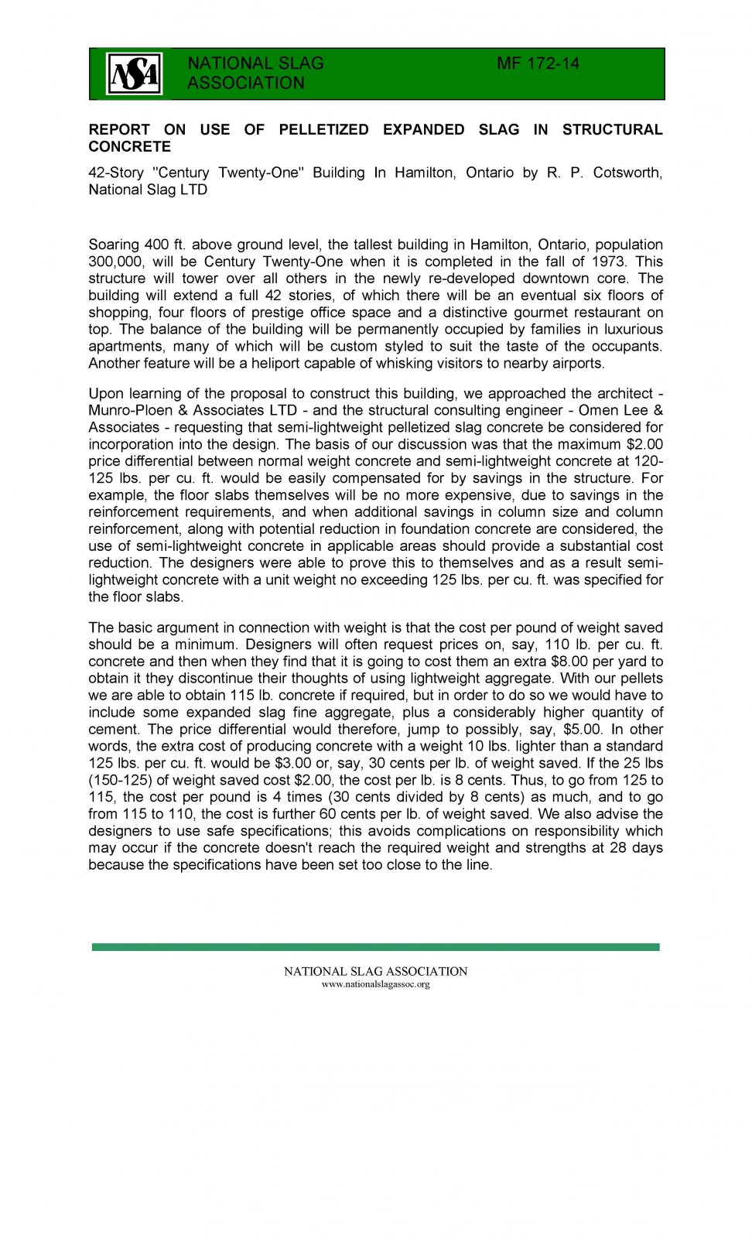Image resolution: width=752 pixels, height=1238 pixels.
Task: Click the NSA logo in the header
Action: coord(134,74)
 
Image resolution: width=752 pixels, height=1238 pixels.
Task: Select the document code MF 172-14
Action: coord(538,63)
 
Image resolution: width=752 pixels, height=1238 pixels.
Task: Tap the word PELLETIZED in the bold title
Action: coord(323,129)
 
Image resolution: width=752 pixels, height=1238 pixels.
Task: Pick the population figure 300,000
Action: coord(116,262)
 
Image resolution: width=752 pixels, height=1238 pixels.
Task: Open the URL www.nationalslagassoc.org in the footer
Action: coord(375,984)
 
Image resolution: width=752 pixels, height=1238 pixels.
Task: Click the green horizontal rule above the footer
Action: coord(375,946)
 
